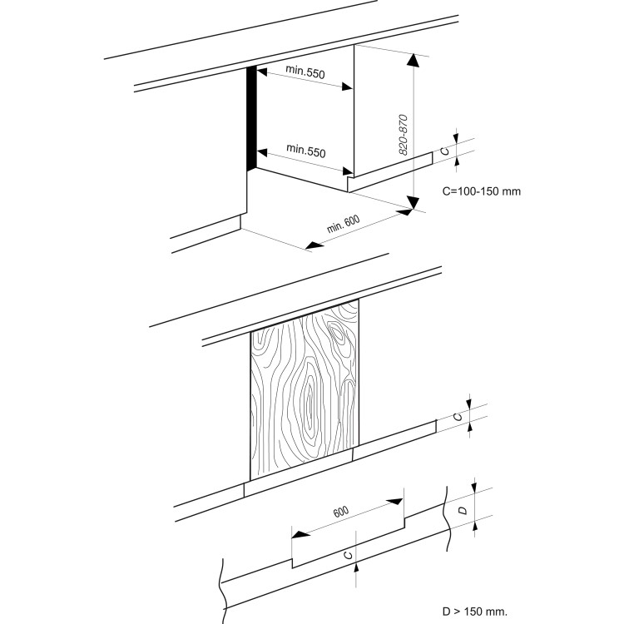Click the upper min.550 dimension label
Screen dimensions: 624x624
tap(305, 73)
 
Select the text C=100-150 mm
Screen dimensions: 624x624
tap(482, 191)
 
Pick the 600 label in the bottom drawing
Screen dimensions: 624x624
tap(341, 512)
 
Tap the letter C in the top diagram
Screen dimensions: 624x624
tap(446, 150)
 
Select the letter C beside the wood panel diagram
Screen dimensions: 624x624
tap(458, 417)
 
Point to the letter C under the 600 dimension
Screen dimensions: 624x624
tap(348, 552)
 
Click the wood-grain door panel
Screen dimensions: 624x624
tap(305, 390)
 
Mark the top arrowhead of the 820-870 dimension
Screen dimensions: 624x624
tap(413, 58)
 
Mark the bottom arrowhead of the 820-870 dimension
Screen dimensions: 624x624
tap(413, 202)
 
